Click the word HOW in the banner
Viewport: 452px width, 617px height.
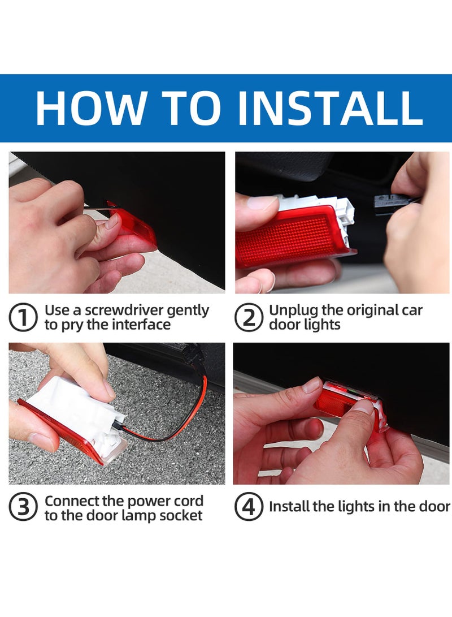[90, 107]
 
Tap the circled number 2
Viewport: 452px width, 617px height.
[249, 318]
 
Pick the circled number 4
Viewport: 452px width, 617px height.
[249, 507]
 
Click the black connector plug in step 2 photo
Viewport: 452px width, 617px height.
[390, 201]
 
